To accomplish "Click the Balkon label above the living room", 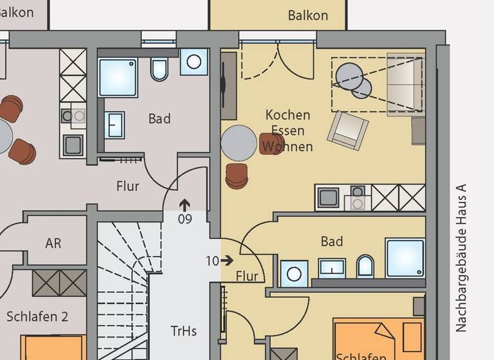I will [x=308, y=15].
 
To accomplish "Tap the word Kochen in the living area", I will [x=288, y=115].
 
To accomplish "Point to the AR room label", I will [x=53, y=244].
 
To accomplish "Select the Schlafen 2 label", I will [x=37, y=316].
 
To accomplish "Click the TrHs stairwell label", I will [x=183, y=331].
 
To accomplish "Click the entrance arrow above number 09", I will [x=185, y=205].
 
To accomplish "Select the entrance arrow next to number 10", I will [x=226, y=260].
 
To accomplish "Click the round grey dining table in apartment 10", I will [x=239, y=143].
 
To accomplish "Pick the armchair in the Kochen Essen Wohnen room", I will [x=347, y=129].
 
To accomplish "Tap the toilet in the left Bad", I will [x=159, y=69].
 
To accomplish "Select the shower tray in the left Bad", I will [x=118, y=76].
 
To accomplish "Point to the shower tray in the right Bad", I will [x=405, y=258].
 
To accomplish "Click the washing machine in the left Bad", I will [x=194, y=62].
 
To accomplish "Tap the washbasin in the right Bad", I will [x=332, y=267].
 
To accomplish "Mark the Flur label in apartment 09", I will [x=127, y=186].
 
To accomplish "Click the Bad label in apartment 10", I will [x=332, y=242].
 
